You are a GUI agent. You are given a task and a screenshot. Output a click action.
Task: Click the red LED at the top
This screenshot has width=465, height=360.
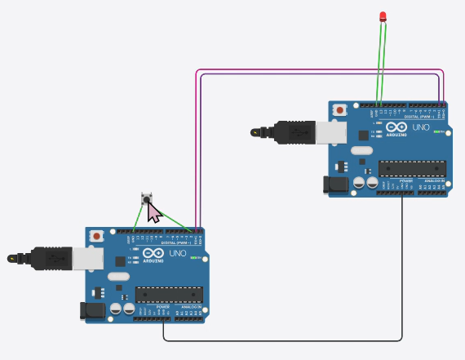tap(383, 17)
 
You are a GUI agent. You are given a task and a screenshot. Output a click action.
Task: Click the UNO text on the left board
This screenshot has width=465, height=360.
tap(177, 254)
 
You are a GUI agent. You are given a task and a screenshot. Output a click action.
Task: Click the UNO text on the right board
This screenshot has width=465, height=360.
tap(421, 128)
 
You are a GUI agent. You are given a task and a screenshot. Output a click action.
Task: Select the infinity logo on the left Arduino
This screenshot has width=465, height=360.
tap(153, 253)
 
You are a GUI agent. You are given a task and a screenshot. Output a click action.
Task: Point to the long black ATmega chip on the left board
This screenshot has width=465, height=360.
tap(169, 294)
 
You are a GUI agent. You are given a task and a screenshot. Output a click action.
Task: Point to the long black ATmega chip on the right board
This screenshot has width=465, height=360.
tap(413, 167)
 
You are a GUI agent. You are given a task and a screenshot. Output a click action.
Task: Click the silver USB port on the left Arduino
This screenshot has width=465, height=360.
tap(86, 259)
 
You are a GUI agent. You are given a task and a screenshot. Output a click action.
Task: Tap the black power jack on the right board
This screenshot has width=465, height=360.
tap(337, 184)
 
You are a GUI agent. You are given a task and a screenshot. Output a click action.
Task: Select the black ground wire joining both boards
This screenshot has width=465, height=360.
tap(286, 340)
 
